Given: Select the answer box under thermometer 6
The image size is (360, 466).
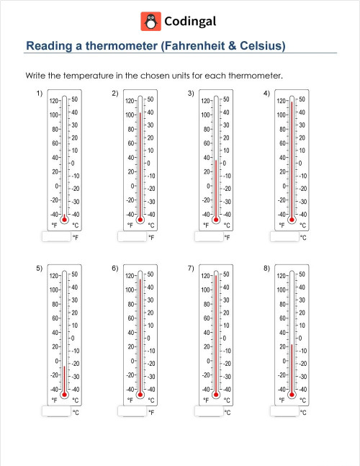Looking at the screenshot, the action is click(131, 411).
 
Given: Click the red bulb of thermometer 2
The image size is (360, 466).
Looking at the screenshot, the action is click(140, 217).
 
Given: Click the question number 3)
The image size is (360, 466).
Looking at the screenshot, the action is click(191, 94).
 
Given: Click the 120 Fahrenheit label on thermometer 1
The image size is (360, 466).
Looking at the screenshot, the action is click(53, 101).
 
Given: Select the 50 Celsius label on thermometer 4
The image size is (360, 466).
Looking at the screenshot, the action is click(302, 99).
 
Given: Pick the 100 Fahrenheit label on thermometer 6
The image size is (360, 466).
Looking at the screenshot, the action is click(130, 290).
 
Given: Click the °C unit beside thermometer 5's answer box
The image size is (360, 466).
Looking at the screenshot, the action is click(76, 412).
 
